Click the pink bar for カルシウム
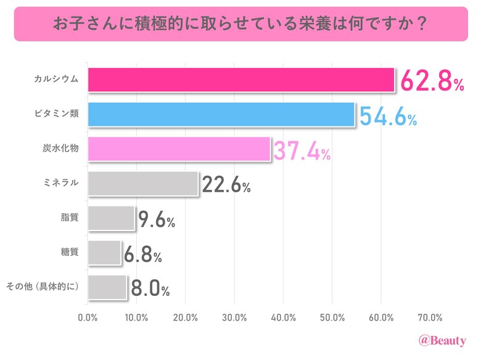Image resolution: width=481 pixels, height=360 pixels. coord(240,80)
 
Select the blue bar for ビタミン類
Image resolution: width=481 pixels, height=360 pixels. coord(221,114)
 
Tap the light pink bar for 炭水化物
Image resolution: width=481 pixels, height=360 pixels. coord(179,149)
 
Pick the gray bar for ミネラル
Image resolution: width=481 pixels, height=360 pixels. coord(143,183)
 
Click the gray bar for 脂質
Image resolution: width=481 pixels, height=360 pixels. coord(111,218)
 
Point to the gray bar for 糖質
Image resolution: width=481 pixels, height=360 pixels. coord(104,252)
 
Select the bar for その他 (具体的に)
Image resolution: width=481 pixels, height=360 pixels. coord(107,287)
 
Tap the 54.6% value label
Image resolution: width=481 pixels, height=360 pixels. coord(388,116)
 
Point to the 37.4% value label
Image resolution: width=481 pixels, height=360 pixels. coord(302,150)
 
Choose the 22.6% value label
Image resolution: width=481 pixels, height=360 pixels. coord(226,184)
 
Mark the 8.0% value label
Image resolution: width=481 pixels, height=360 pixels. coord(149,288)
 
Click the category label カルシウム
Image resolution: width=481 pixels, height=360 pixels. coord(56,79)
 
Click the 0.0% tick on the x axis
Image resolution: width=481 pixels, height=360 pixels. coord(88,318)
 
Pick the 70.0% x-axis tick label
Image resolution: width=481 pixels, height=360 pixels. coord(430,318)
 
